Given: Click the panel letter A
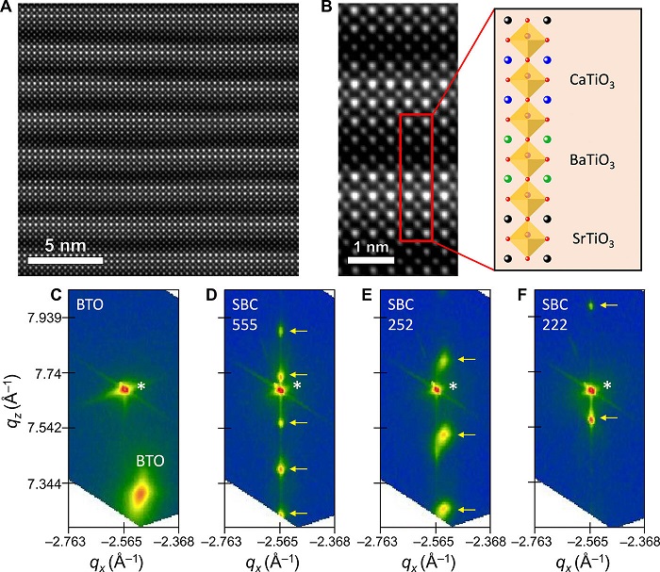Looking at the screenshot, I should (x=9, y=8).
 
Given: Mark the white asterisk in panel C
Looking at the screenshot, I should (x=140, y=386).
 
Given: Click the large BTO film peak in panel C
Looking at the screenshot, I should (x=140, y=492).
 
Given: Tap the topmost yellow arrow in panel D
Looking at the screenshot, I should (x=299, y=331).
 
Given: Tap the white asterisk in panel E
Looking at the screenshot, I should (x=453, y=386).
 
